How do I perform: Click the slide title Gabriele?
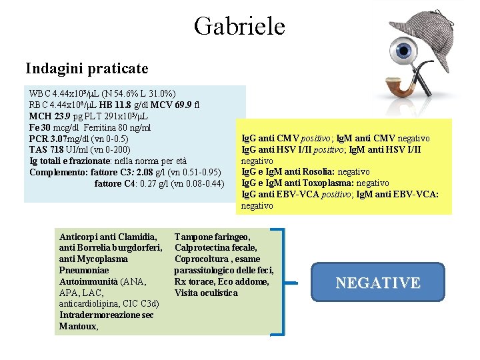(x=239, y=26)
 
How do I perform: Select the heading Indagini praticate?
(x=87, y=68)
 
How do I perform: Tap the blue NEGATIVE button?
(x=378, y=283)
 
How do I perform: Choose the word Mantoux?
(x=78, y=327)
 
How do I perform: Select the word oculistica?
(x=217, y=293)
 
